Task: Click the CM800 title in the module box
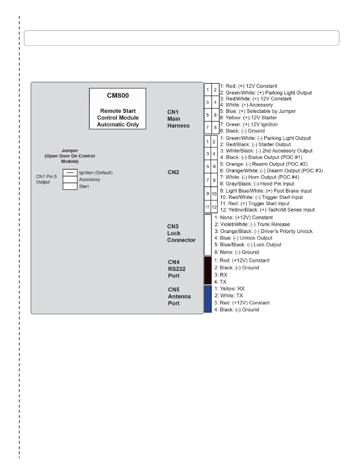click(x=118, y=96)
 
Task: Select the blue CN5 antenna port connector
click(x=208, y=299)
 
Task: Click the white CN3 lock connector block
click(x=208, y=235)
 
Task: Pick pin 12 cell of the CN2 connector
click(x=214, y=207)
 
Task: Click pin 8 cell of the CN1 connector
click(x=215, y=128)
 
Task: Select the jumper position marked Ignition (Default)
click(x=70, y=173)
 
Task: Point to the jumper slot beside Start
click(x=70, y=186)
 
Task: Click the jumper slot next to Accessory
click(x=70, y=179)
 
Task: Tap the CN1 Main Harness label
click(x=178, y=119)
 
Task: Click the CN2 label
click(x=173, y=172)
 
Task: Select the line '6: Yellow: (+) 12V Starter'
click(x=248, y=118)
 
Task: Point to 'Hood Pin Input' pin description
click(x=257, y=184)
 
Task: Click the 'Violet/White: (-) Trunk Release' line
click(x=252, y=224)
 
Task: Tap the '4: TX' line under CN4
click(x=220, y=282)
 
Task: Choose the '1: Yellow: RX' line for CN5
click(x=229, y=289)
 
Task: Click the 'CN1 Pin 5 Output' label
click(x=46, y=179)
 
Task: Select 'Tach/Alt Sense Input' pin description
click(x=267, y=210)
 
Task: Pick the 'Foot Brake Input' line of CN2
click(x=266, y=191)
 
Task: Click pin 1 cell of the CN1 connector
click(x=208, y=90)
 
